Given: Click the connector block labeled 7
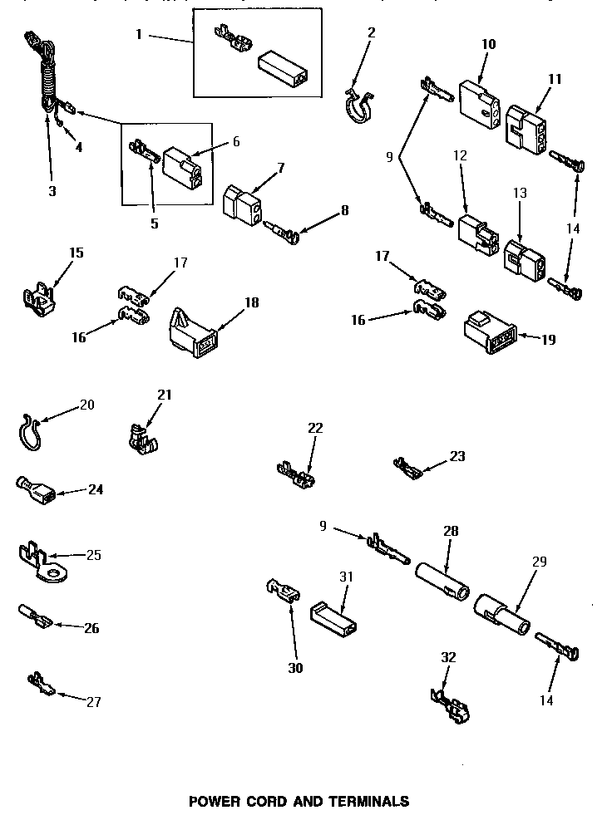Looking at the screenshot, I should click(243, 204).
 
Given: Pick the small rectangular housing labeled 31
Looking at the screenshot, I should click(332, 617).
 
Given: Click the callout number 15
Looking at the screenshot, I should click(76, 253).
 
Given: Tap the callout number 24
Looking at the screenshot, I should click(96, 489).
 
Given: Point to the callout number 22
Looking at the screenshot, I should click(315, 428).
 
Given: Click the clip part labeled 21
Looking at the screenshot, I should click(143, 438).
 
